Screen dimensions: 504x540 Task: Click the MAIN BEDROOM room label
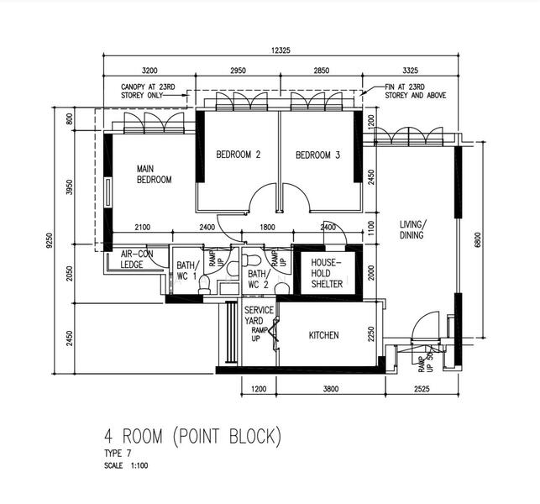tap(155, 174)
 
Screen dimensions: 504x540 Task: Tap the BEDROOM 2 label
tap(238, 155)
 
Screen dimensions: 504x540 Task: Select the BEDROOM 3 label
tap(317, 155)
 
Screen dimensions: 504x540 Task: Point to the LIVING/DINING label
tap(412, 229)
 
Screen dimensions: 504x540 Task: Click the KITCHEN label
tap(323, 335)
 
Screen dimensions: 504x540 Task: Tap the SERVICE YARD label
tap(259, 316)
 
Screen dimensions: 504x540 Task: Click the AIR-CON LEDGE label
tap(136, 259)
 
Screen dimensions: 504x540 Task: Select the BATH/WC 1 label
tap(186, 270)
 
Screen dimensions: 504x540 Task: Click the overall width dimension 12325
tap(281, 51)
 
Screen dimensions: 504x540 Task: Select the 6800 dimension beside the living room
tap(478, 239)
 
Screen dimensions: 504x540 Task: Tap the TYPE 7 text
tap(118, 454)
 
